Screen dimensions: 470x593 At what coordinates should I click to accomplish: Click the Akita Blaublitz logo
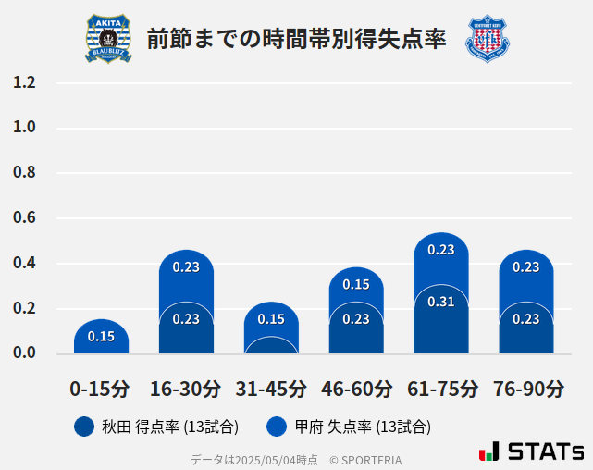[x=108, y=38]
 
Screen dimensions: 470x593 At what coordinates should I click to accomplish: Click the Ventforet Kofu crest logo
[x=488, y=38]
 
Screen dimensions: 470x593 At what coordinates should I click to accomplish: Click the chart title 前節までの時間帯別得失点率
[x=296, y=39]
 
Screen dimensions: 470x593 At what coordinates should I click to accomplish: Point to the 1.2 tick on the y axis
[x=24, y=83]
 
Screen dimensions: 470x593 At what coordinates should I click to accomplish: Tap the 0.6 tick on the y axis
[x=24, y=218]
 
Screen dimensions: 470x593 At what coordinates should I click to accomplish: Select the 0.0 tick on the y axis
[x=24, y=353]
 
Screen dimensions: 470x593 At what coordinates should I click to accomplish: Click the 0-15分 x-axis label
[x=100, y=388]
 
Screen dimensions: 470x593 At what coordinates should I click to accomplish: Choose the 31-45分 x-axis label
[x=270, y=388]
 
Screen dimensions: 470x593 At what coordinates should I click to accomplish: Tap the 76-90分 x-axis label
[x=526, y=388]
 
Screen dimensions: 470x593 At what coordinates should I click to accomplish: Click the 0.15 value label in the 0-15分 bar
[x=101, y=337]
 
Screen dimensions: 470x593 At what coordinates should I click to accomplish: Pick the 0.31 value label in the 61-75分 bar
[x=441, y=302]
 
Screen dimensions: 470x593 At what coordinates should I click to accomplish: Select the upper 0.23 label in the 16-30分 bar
[x=186, y=266]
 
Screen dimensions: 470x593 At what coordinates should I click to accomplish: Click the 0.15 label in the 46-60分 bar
[x=356, y=284]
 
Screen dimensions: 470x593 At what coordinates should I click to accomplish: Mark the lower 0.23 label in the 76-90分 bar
[x=526, y=319]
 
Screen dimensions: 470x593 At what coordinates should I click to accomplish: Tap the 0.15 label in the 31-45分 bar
[x=271, y=319]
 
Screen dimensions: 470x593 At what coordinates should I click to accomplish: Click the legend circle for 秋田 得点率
[x=84, y=427]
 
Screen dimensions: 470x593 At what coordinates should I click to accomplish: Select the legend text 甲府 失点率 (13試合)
[x=363, y=427]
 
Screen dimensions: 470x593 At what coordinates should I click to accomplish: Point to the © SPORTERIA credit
[x=365, y=459]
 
